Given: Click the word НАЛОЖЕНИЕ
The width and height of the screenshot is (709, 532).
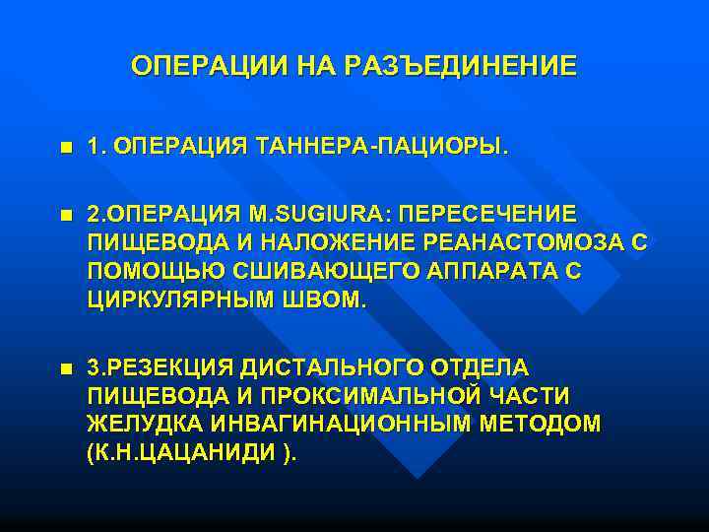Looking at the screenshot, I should pyautogui.click(x=316, y=242).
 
